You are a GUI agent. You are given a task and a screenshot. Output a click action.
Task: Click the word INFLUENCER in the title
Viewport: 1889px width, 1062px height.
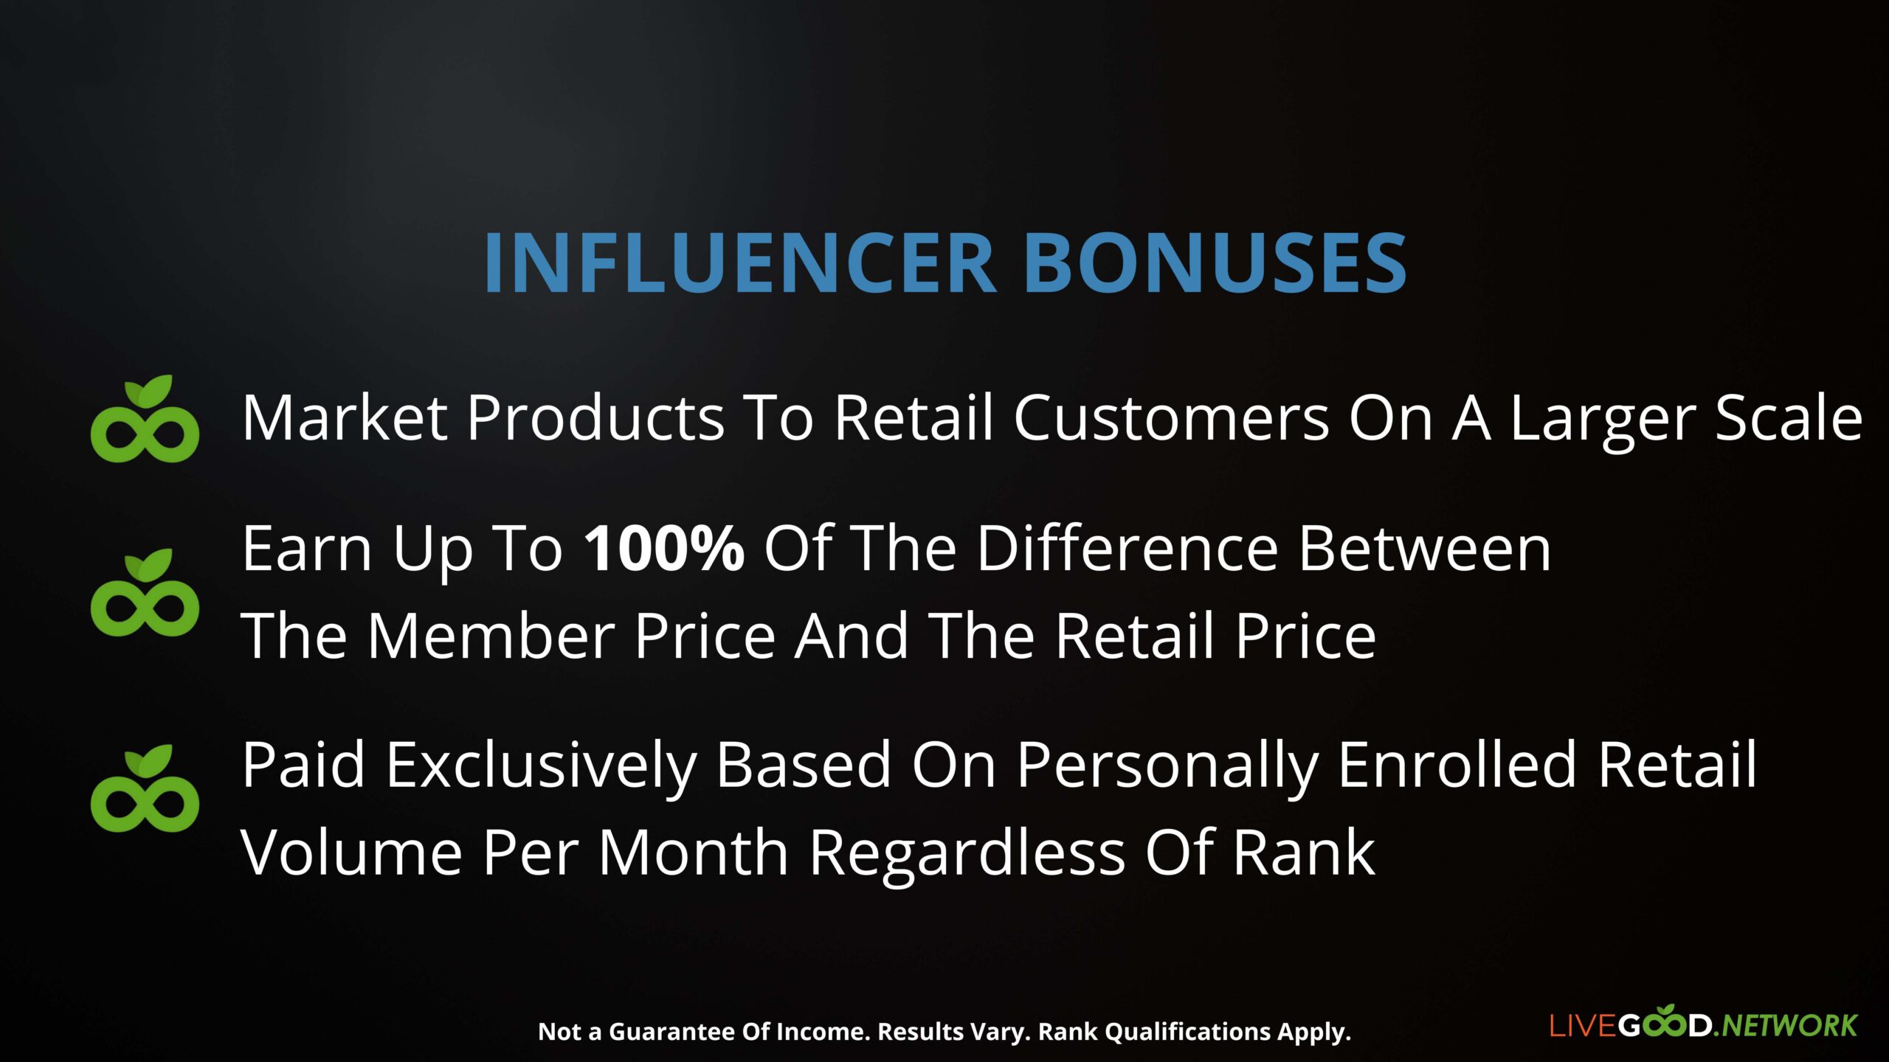pos(741,263)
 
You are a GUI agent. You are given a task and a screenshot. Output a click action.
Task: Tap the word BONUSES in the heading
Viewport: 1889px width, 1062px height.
pos(1215,263)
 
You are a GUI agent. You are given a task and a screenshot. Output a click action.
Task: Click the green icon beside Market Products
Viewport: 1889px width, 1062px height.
pos(145,419)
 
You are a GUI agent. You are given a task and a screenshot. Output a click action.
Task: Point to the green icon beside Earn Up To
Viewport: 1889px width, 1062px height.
pos(145,592)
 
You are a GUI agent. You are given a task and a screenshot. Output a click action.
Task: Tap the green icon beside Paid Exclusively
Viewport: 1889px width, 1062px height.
pos(145,788)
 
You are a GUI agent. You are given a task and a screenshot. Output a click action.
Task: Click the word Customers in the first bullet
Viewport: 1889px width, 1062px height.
pos(1171,417)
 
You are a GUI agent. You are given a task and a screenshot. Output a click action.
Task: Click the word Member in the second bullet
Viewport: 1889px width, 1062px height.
pos(491,635)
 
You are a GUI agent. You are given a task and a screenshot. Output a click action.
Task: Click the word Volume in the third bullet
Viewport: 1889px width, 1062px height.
pos(352,852)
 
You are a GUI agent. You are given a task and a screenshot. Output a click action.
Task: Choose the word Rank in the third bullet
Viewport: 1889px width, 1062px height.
pos(1304,852)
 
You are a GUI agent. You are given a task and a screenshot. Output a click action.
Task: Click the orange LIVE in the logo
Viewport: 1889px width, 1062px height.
pos(1583,1026)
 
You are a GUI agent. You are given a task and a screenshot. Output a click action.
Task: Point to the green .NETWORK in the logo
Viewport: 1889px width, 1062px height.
pos(1785,1026)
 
